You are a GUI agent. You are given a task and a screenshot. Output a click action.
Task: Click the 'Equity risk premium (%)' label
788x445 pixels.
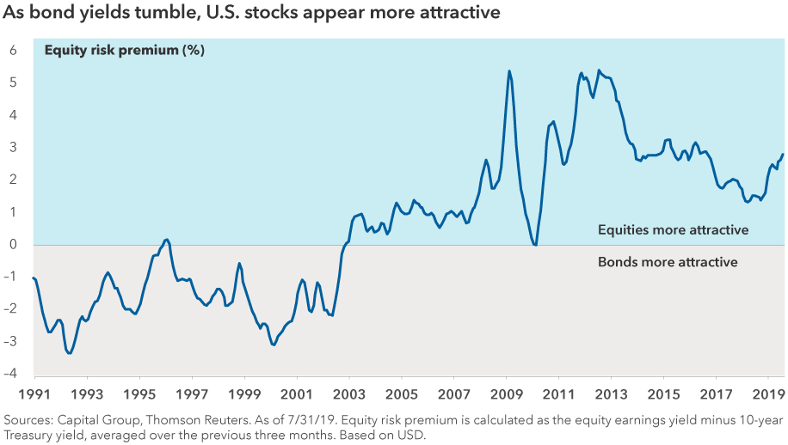pyautogui.click(x=124, y=50)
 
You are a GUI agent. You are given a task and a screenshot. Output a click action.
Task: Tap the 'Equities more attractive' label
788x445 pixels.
pyautogui.click(x=673, y=230)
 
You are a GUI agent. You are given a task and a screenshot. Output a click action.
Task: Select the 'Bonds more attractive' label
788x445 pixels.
pyautogui.click(x=668, y=262)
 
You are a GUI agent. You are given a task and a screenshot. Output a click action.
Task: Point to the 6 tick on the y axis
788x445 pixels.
pyautogui.click(x=14, y=51)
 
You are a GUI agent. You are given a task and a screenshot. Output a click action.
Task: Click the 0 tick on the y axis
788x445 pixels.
pyautogui.click(x=14, y=245)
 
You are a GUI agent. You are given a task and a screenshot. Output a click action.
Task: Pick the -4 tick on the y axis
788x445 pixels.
pyautogui.click(x=12, y=374)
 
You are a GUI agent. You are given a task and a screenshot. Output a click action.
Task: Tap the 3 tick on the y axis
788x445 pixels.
pyautogui.click(x=14, y=148)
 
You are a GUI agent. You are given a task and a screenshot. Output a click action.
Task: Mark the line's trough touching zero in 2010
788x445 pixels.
pyautogui.click(x=535, y=245)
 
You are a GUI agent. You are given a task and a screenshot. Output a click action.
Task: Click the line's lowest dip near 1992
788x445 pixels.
pyautogui.click(x=70, y=353)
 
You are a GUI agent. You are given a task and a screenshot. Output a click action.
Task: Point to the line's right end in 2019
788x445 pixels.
pyautogui.click(x=783, y=155)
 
